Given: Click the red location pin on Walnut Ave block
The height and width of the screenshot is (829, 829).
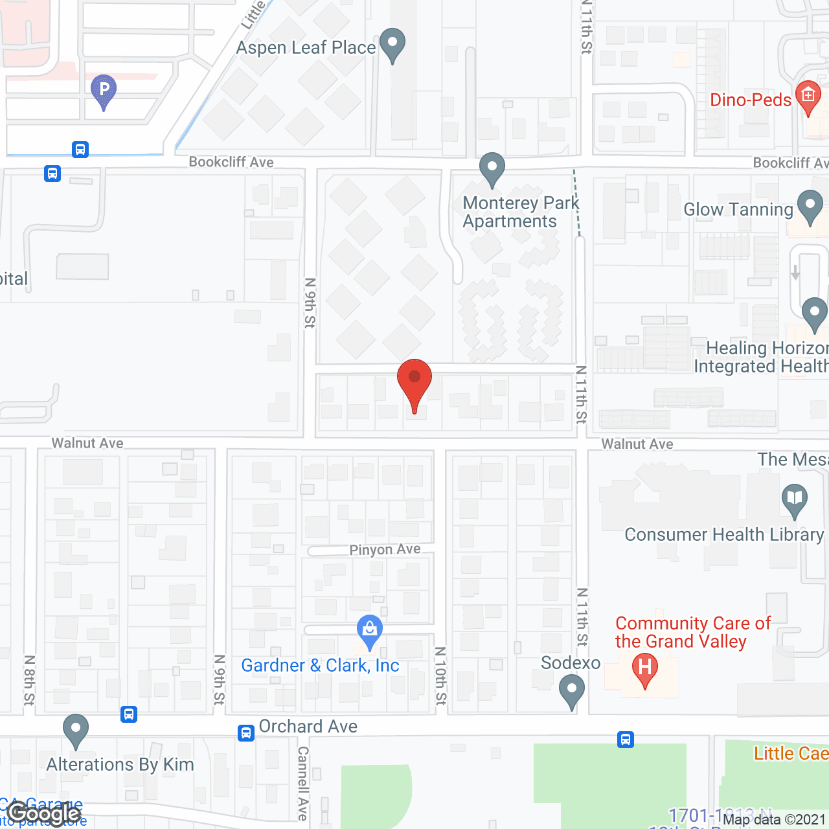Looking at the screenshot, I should (x=414, y=381).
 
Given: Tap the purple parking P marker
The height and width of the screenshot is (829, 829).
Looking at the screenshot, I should (x=104, y=89).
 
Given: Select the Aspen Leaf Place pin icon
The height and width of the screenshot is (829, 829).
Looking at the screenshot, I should (x=392, y=44).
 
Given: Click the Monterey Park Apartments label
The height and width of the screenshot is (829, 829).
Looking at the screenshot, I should (x=520, y=212).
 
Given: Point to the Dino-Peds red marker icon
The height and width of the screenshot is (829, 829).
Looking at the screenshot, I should (x=808, y=97).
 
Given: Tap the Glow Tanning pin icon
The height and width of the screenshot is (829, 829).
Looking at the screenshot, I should (x=810, y=206).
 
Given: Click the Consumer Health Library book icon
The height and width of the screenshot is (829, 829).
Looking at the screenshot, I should (x=795, y=499).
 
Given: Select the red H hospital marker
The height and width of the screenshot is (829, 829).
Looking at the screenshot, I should (x=645, y=668).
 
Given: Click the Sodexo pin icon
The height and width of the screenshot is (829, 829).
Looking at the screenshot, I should (x=571, y=690).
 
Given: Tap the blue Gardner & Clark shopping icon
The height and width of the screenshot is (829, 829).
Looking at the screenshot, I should (x=370, y=630).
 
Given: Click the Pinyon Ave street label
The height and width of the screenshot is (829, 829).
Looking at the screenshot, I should (x=385, y=550).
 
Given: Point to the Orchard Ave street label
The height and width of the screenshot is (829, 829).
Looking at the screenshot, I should (x=308, y=727).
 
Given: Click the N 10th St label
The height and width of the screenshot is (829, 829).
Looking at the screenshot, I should (x=441, y=676).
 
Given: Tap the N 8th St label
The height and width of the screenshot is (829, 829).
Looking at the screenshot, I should (x=29, y=680).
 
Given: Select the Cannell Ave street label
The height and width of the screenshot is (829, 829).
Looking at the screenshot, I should (x=302, y=782).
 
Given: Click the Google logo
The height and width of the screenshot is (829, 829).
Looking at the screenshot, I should (x=44, y=813).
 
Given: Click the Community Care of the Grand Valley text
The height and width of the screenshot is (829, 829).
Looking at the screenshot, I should (x=693, y=632).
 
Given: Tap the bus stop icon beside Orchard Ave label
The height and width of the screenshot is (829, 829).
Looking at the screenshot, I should (x=246, y=732).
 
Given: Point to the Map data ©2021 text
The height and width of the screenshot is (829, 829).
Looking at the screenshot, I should (x=774, y=820).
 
